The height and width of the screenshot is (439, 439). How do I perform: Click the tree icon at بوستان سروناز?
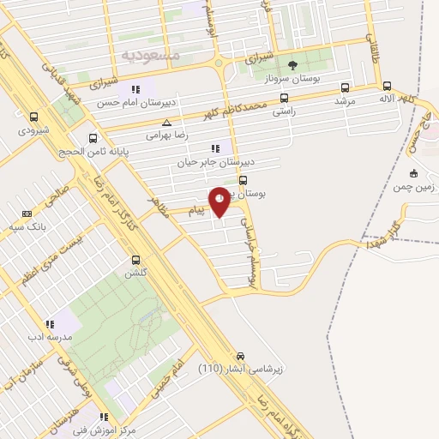pos(292,65)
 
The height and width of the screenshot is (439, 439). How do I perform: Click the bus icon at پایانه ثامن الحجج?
pos(93,138)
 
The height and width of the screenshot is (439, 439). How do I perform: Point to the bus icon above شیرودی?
pos(34,117)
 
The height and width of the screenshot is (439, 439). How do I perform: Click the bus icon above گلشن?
pos(135,259)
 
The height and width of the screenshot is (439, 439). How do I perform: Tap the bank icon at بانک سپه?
pos(27,213)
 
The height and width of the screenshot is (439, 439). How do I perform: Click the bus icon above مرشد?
pos(345,87)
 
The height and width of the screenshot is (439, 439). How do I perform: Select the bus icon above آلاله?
pos(388,87)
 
